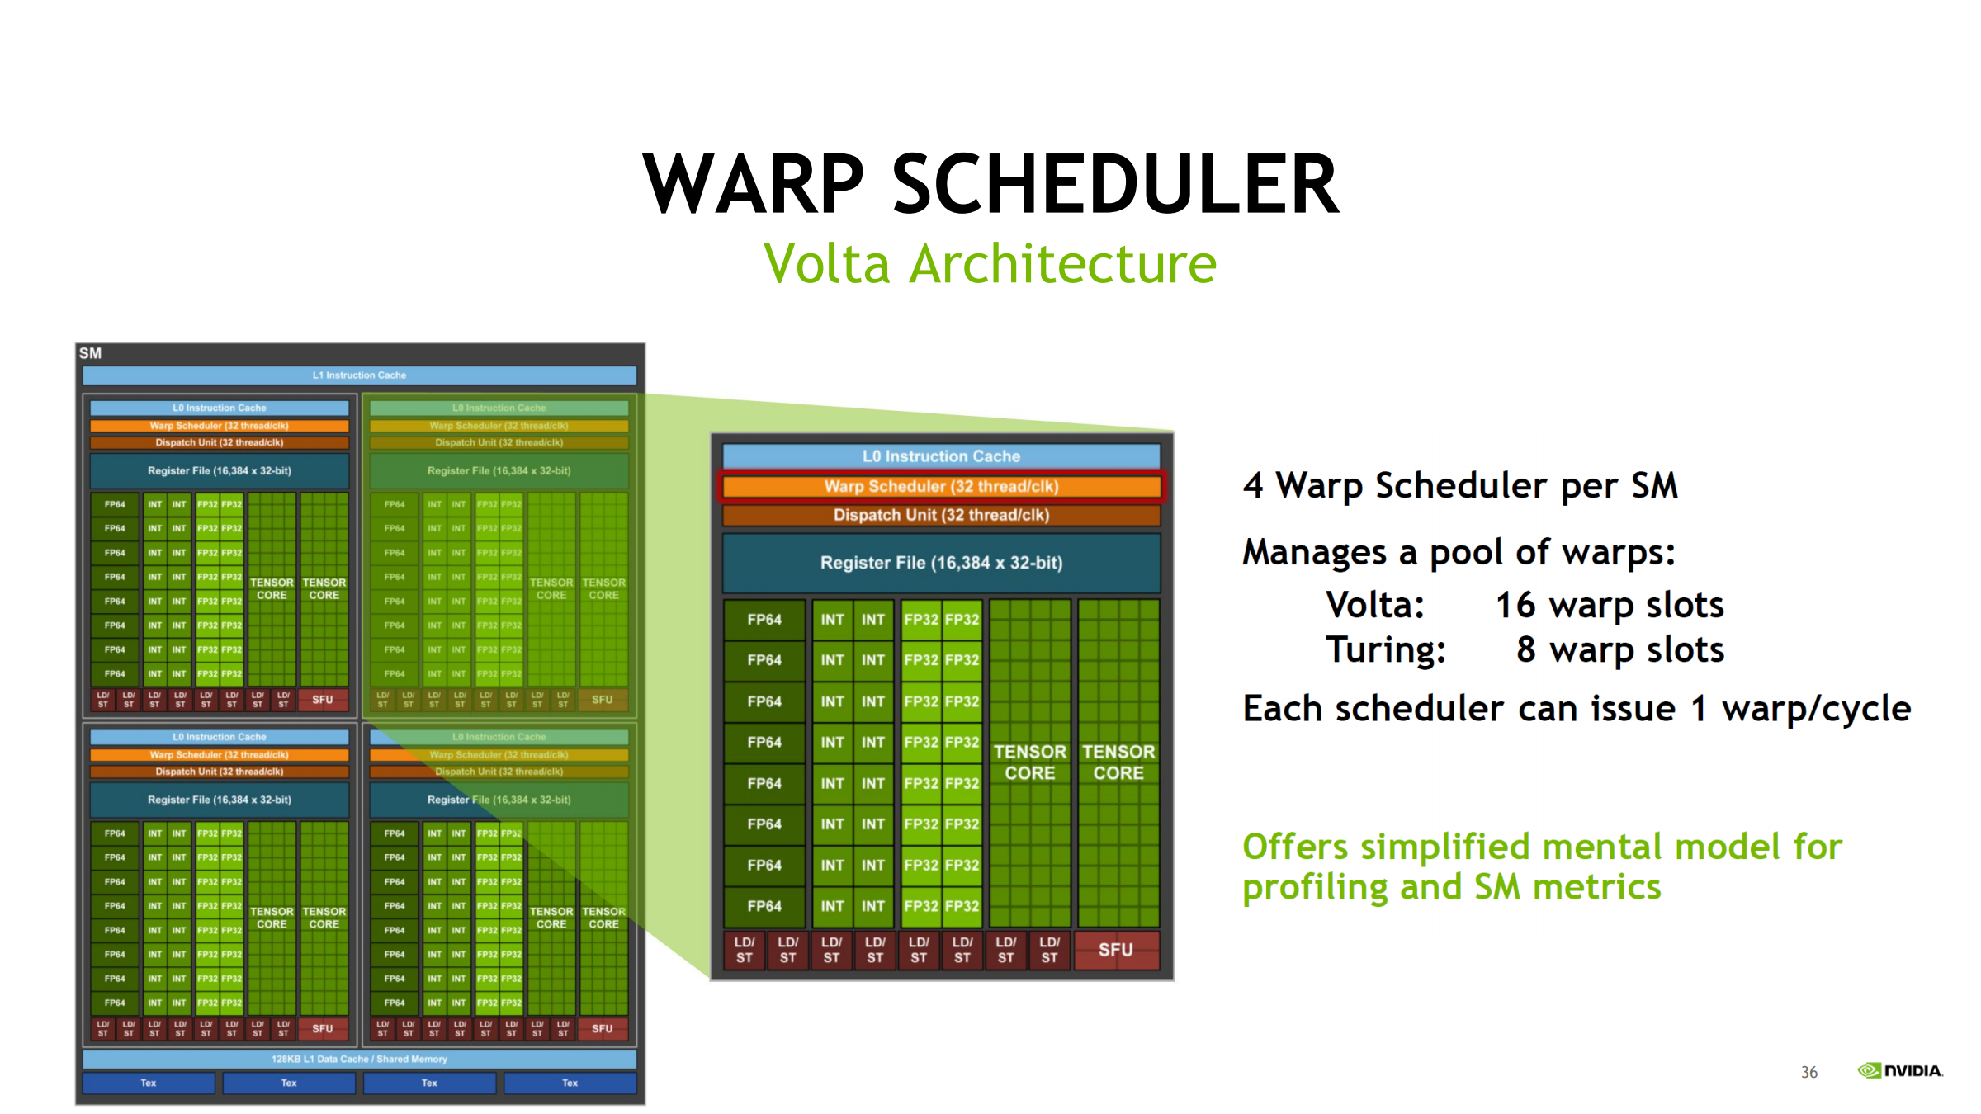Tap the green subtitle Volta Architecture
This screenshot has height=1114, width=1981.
coord(990,264)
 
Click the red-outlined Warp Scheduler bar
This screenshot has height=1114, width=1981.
coord(941,486)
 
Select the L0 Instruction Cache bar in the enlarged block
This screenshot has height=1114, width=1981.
coord(941,456)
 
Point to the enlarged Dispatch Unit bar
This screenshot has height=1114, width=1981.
coord(941,515)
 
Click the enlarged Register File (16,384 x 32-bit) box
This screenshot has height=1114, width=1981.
coord(941,563)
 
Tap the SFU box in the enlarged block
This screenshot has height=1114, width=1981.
coord(1115,950)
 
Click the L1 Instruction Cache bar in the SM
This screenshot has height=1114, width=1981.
coord(359,375)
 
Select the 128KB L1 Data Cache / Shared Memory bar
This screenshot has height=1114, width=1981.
coord(359,1059)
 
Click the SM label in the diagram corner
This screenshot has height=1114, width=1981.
coord(90,353)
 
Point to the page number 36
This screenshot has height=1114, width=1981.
coord(1808,1072)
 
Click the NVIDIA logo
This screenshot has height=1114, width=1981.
coord(1900,1071)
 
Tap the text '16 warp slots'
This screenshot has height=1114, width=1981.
coord(1610,605)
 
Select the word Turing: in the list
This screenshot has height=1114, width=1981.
coord(1386,649)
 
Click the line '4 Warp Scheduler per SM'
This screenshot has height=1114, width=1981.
coord(1460,485)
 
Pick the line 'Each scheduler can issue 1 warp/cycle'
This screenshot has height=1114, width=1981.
coord(1577,709)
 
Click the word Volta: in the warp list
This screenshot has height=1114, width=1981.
coord(1375,605)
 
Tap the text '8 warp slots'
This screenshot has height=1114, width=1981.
coord(1620,649)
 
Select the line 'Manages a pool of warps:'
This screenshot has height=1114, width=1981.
coord(1459,552)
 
